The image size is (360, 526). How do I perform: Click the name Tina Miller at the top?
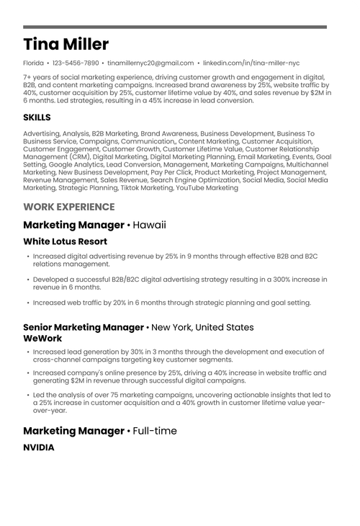[66, 44]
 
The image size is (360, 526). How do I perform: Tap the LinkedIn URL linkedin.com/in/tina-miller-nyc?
[251, 63]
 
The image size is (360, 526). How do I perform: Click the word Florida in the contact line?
[33, 63]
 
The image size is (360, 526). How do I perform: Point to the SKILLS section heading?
[37, 117]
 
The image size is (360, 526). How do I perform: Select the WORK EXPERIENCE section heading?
[68, 207]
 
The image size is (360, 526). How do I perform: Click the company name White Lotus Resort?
[65, 241]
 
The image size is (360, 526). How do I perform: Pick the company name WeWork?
[42, 338]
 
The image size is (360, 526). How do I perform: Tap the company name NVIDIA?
[38, 447]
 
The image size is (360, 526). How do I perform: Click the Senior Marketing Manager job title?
[84, 327]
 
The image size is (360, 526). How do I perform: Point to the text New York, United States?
[202, 327]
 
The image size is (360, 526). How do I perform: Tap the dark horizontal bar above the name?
[175, 27]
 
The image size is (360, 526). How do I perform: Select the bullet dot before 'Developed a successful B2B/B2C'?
[28, 280]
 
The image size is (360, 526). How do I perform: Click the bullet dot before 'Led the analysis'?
[28, 396]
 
